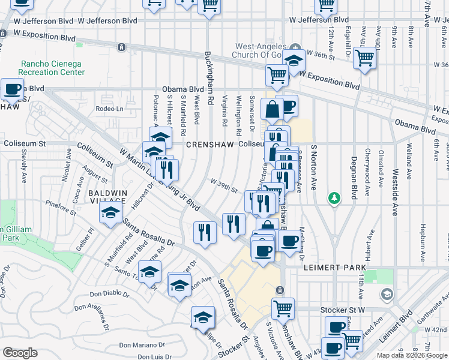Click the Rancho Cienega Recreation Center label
coord(52,68)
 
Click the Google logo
coord(20,352)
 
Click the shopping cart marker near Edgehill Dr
coord(364,58)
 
